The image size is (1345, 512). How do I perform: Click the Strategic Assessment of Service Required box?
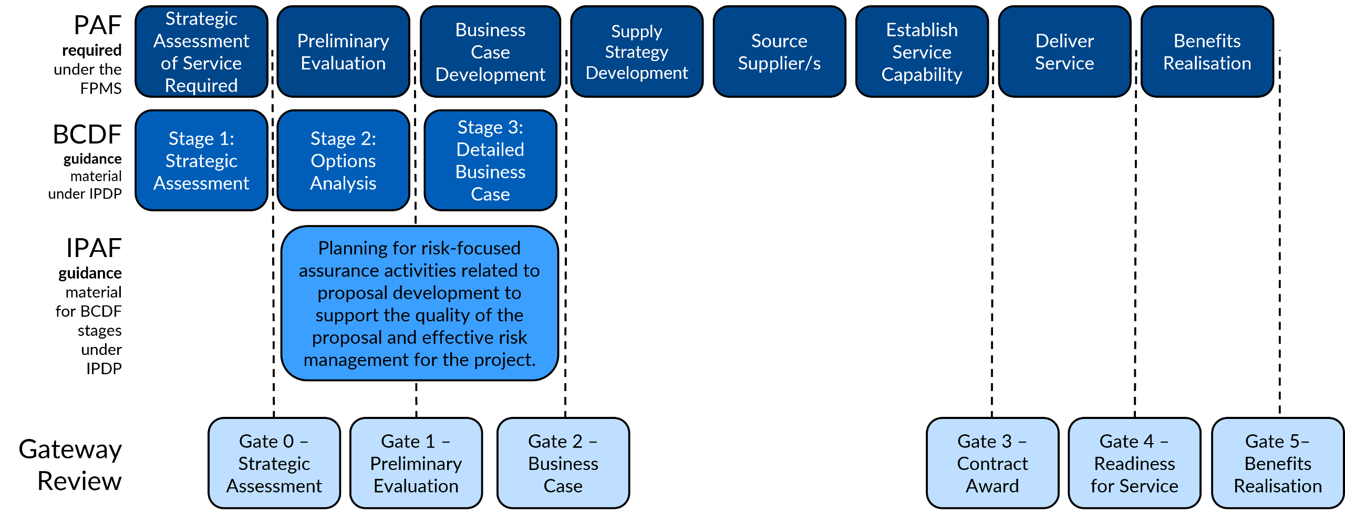point(201,52)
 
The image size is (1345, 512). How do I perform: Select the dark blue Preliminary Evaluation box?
point(343,52)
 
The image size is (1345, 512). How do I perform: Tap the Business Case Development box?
point(490,52)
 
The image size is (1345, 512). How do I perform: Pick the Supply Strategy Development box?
point(637,52)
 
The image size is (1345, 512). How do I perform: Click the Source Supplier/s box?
point(779,52)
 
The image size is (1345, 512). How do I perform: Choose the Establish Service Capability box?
point(922,52)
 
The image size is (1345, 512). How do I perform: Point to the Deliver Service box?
point(1064,52)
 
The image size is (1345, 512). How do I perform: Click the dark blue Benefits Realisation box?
point(1207,52)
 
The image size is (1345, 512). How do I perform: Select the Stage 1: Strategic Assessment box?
point(201,160)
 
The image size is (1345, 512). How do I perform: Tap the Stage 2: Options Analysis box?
point(343,160)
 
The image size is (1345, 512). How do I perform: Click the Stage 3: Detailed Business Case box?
point(490,160)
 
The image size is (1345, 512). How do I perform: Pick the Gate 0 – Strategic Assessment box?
point(274,463)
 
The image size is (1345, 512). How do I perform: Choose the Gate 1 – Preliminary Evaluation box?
point(416,463)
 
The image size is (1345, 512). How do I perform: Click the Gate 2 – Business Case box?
point(563,463)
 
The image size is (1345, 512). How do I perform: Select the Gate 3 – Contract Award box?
point(992,463)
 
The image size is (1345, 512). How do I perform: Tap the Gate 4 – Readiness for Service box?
point(1134,463)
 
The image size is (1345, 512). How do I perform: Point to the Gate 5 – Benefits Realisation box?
point(1278,463)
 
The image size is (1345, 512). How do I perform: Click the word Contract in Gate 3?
point(992,464)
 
